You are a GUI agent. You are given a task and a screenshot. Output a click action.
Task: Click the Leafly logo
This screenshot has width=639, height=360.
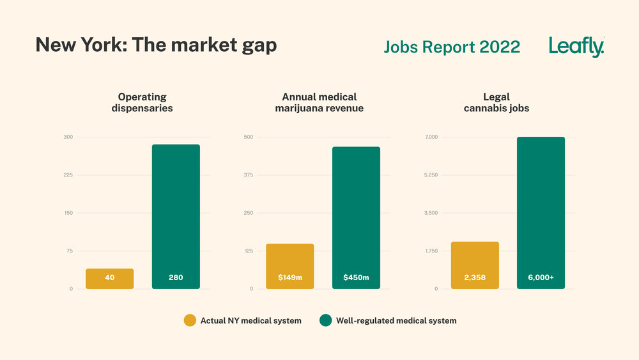pos(576,47)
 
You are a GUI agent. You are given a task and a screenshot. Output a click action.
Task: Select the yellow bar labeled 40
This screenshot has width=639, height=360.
pos(109,278)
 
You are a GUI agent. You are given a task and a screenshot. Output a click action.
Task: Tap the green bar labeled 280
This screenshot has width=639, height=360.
pos(176,217)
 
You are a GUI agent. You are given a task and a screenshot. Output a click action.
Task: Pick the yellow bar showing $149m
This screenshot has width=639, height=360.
pos(289,266)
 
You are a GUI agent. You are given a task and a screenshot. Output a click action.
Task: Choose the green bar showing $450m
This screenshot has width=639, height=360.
pos(356,218)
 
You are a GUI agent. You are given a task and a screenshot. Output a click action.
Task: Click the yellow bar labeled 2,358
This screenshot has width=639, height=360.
pos(475,265)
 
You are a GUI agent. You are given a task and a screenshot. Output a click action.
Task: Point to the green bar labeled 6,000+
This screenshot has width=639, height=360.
pos(541,213)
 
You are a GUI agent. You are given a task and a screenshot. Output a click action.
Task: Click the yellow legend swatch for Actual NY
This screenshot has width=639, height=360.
pos(190,320)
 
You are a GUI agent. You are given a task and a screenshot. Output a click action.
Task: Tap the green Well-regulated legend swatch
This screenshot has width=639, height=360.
pos(325,320)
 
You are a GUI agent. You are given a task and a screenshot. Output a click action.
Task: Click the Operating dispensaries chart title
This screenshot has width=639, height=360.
pos(142,103)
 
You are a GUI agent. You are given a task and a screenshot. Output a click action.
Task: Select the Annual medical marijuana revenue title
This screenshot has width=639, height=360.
pos(319,103)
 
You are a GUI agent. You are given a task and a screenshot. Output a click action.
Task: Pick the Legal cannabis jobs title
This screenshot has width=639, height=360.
pos(497,103)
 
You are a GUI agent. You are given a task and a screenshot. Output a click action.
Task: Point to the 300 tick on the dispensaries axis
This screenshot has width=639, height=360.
pos(68,137)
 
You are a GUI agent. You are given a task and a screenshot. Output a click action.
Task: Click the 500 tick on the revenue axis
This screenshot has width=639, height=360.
pos(249,137)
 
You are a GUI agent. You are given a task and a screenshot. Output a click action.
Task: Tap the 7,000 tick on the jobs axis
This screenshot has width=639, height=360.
pos(431,137)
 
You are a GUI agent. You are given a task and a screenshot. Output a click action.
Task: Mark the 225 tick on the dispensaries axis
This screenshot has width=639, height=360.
pos(68,175)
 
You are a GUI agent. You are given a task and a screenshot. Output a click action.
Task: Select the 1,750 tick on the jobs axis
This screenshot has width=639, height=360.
pos(431,251)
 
